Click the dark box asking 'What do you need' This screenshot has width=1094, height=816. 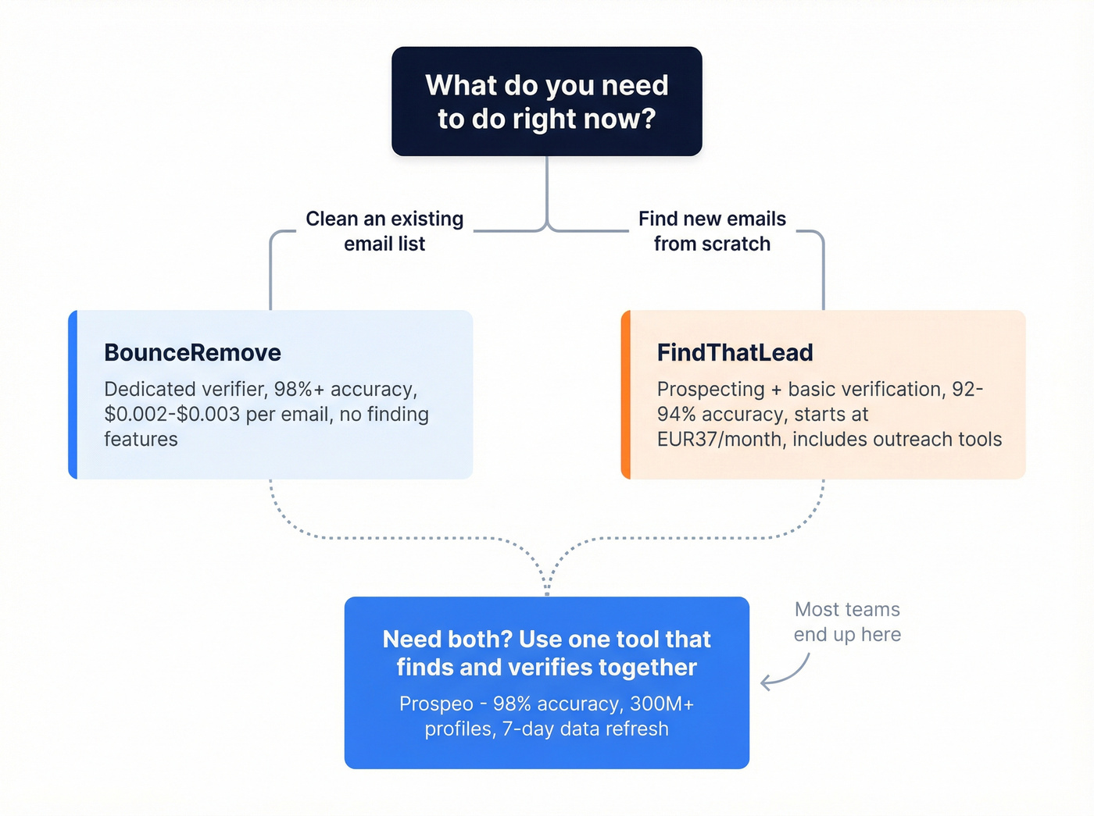click(546, 102)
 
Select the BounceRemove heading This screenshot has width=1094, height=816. click(192, 353)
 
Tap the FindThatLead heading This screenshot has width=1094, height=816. click(735, 353)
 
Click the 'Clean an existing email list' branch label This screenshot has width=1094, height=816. click(384, 231)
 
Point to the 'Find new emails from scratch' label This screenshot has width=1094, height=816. click(712, 231)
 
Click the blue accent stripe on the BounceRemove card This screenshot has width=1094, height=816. click(73, 394)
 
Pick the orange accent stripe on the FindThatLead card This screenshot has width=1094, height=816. click(626, 394)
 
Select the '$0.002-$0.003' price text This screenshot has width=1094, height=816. click(172, 415)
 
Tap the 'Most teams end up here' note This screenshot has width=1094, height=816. click(847, 622)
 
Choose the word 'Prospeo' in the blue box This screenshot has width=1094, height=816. click(436, 704)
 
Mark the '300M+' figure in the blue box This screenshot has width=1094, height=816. click(662, 704)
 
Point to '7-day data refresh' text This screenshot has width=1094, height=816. click(585, 729)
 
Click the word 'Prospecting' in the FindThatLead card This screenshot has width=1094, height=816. click(710, 390)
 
